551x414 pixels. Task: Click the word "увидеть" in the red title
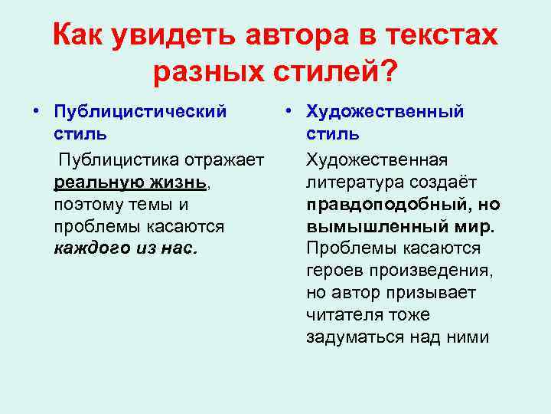pos(170,34)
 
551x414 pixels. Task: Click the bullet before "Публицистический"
pos(36,112)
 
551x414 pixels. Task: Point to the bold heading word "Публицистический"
pos(141,112)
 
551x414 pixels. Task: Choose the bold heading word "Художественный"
pos(385,112)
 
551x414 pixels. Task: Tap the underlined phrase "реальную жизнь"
pos(131,182)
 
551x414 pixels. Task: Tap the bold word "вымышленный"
pos(377,227)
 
